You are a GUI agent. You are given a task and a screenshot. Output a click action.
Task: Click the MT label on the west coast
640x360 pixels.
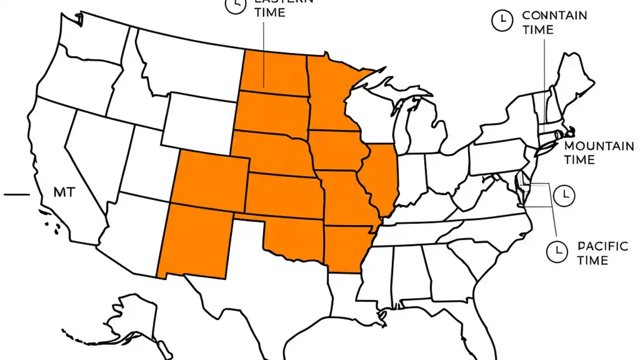(64, 192)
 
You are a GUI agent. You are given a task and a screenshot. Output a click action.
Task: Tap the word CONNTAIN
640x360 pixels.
(554, 15)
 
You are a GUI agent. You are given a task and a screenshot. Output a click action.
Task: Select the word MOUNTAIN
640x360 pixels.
(599, 146)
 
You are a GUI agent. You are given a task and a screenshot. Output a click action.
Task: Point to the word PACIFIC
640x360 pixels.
(602, 246)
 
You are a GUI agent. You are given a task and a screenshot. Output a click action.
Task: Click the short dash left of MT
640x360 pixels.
(17, 194)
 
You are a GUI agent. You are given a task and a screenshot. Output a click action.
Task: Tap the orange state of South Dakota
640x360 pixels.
(272, 112)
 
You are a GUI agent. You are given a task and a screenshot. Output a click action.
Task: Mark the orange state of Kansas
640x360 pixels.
(285, 195)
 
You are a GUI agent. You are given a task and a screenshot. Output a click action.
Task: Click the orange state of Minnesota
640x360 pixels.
(330, 95)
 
